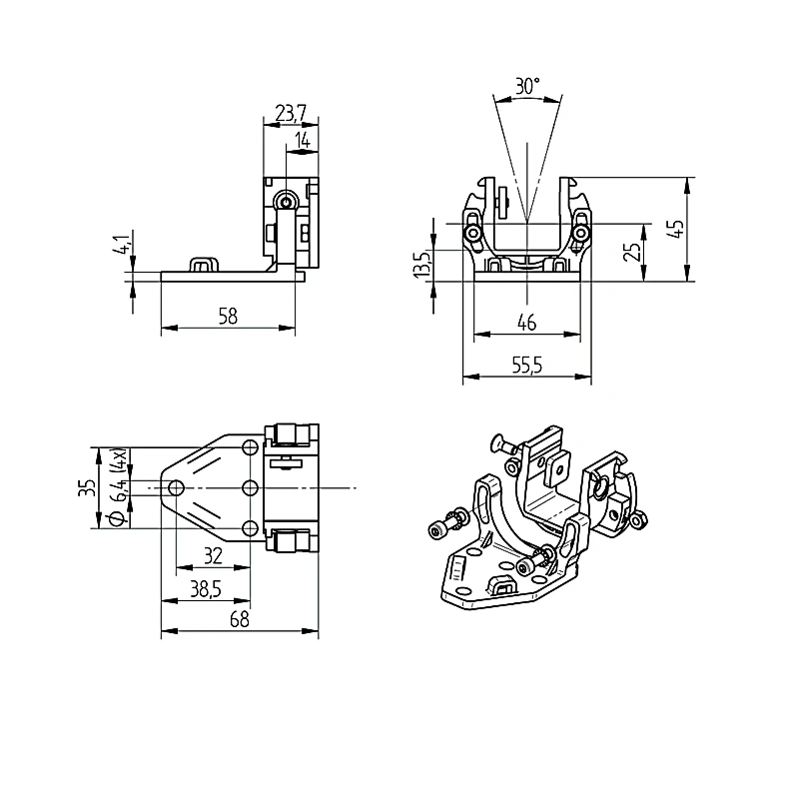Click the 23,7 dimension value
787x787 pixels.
[x=291, y=114]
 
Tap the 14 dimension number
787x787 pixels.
[x=303, y=140]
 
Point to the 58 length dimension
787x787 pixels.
[x=228, y=317]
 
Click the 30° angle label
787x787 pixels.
[x=527, y=86]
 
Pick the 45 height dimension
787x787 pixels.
[x=677, y=229]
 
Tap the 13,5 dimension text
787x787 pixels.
[x=422, y=263]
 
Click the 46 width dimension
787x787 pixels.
[x=526, y=323]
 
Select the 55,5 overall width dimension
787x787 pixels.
[x=527, y=366]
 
